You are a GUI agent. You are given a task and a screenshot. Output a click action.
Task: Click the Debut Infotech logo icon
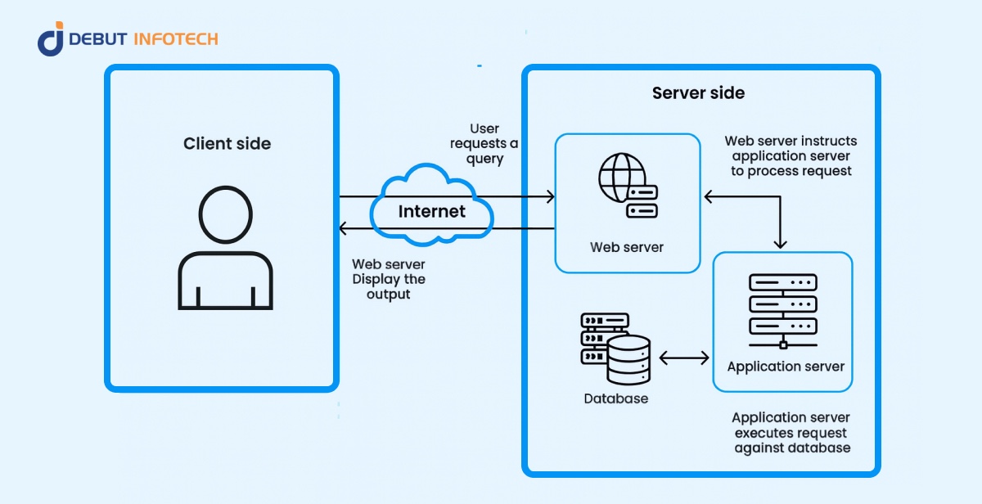pyautogui.click(x=50, y=39)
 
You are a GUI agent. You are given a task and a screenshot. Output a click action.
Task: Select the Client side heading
pyautogui.click(x=227, y=144)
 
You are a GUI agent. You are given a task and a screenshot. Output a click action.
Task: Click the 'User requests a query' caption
pyautogui.click(x=484, y=144)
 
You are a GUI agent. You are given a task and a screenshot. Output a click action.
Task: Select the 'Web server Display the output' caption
pyautogui.click(x=389, y=279)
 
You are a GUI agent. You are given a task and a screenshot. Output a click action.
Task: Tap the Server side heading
pyautogui.click(x=698, y=93)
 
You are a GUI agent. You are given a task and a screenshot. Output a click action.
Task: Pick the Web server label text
pyautogui.click(x=627, y=247)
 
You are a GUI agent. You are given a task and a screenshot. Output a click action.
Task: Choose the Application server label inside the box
pyautogui.click(x=786, y=366)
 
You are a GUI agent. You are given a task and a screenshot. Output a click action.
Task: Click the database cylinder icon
pyautogui.click(x=628, y=359)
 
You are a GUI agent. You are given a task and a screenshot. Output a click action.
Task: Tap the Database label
pyautogui.click(x=615, y=399)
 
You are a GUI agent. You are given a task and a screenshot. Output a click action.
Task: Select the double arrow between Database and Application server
pyautogui.click(x=684, y=358)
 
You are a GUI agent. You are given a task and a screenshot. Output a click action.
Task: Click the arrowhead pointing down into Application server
pyautogui.click(x=781, y=244)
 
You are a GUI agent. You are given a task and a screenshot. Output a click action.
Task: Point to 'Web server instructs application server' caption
pyautogui.click(x=791, y=155)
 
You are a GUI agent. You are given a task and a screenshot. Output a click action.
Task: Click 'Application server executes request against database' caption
pyautogui.click(x=791, y=433)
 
